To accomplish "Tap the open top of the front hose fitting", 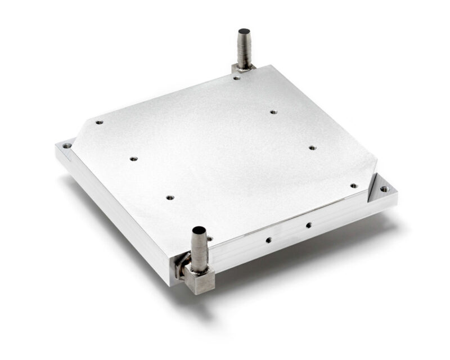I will pos(200,231).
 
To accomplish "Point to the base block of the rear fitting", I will pos(242,69).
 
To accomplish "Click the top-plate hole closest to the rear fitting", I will pos(237,78).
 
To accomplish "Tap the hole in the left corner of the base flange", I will pos(67,146).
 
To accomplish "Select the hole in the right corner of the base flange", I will pos(385,189).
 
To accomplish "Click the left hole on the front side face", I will pos(268,240).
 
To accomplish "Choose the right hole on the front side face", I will pos(308,226).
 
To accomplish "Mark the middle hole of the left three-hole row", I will pos(133,159).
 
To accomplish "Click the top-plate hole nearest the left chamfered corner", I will pos(99,122).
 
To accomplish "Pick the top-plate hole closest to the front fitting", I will pos(170,198).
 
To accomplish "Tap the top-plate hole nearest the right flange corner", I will pos(353,186).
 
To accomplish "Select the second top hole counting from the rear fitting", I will pos(273,112).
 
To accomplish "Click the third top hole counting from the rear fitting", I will pos(313,148).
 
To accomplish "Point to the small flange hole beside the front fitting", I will pos(210,239).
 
